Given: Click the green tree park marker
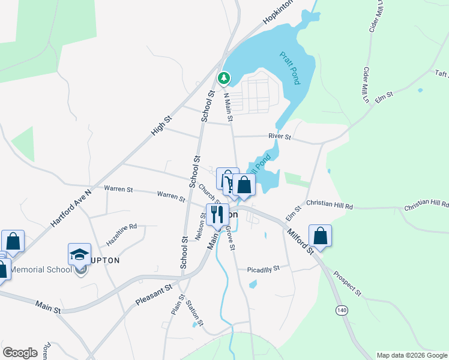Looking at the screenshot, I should pyautogui.click(x=224, y=77).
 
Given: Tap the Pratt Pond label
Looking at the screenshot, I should pyautogui.click(x=290, y=68).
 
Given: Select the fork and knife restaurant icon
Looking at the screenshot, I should pyautogui.click(x=217, y=214).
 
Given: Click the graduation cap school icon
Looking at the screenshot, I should pyautogui.click(x=79, y=254).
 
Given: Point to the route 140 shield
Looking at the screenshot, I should pyautogui.click(x=342, y=310).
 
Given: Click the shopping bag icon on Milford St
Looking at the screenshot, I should pyautogui.click(x=321, y=235).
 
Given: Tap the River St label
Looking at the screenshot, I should pyautogui.click(x=280, y=137).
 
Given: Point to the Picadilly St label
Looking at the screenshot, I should pyautogui.click(x=264, y=269).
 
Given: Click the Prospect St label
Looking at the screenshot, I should pyautogui.click(x=348, y=285).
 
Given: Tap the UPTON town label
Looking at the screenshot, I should pyautogui.click(x=105, y=260).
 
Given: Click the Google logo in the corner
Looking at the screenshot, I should pyautogui.click(x=20, y=353).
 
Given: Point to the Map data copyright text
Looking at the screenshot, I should pyautogui.click(x=412, y=355).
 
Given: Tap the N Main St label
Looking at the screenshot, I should pyautogui.click(x=228, y=107).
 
